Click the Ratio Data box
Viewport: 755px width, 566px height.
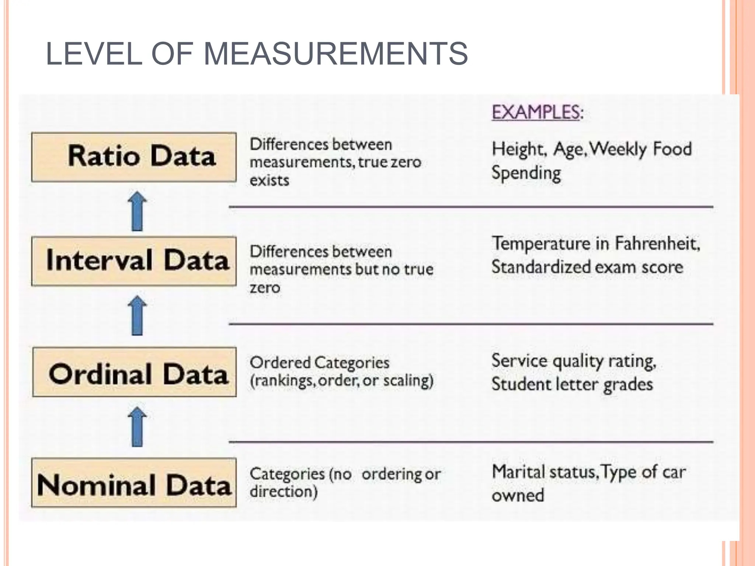pos(134,157)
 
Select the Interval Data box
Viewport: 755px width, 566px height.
pos(134,261)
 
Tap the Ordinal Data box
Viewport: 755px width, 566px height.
pos(135,372)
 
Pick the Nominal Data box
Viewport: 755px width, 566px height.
pos(134,483)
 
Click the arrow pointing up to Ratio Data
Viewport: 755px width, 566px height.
pos(137,211)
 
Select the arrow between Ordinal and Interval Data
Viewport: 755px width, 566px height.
pos(137,315)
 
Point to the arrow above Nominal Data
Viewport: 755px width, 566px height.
pos(137,427)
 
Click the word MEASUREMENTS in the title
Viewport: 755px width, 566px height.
pos(335,54)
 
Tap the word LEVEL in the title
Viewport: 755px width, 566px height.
pos(94,54)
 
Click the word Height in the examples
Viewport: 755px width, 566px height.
pos(518,150)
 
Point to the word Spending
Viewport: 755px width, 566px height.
pos(526,174)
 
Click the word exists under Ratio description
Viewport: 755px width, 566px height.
pos(269,181)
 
